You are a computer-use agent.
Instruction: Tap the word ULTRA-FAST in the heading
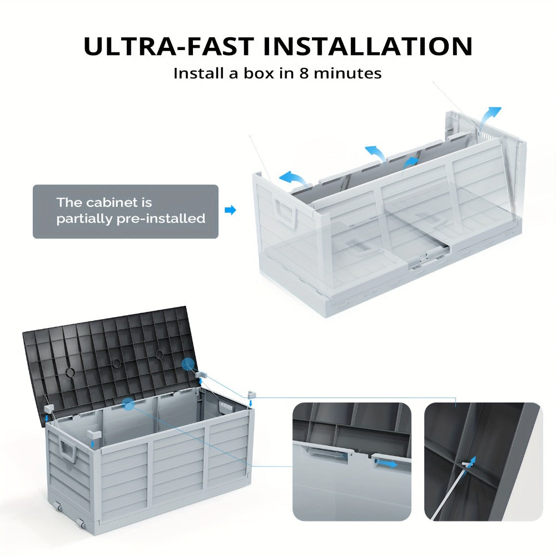(x=169, y=46)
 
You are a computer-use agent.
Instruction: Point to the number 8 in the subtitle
(x=304, y=73)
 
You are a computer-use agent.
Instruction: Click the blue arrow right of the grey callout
(x=231, y=210)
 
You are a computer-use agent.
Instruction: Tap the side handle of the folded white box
(x=285, y=213)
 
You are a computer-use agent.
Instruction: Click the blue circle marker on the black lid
(x=188, y=364)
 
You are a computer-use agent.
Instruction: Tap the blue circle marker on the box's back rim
(x=129, y=404)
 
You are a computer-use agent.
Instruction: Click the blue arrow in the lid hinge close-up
(x=386, y=463)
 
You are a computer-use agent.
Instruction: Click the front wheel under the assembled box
(x=81, y=523)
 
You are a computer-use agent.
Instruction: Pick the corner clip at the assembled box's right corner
(x=251, y=394)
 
